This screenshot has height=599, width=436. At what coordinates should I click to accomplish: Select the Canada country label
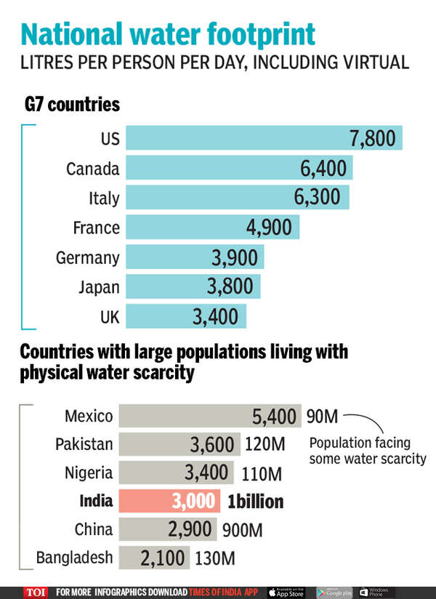[92, 169]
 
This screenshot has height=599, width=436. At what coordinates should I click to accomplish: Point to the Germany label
[87, 257]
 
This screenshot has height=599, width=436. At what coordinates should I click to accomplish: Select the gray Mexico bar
[209, 416]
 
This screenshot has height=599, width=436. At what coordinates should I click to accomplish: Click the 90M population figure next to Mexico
[321, 417]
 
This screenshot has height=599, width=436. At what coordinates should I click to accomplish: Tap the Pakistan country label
[84, 444]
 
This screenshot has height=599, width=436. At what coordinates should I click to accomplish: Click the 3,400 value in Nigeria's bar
[207, 473]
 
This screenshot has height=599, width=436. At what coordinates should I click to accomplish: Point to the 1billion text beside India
[254, 502]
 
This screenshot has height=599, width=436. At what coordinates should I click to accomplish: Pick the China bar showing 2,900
[167, 529]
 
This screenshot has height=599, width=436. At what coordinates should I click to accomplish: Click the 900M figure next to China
[239, 530]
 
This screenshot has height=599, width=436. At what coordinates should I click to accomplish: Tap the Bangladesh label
[75, 558]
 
